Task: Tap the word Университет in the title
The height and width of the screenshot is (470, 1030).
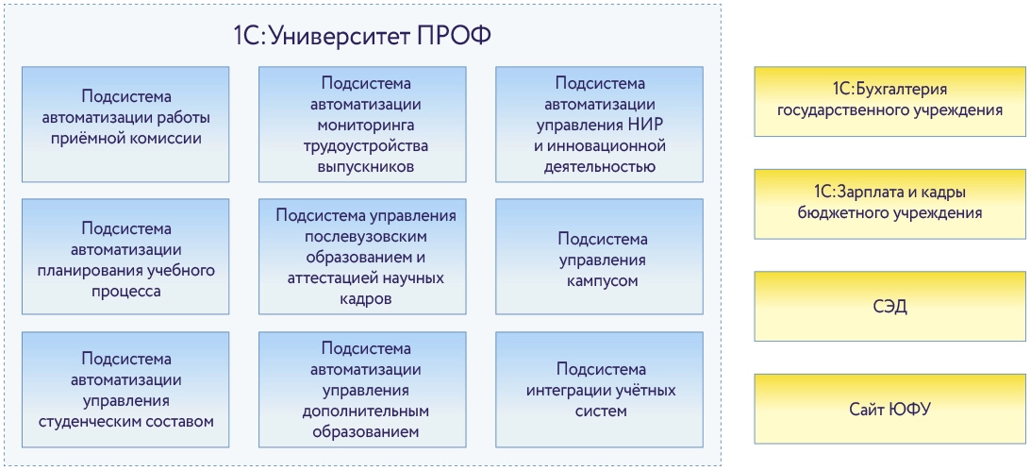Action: point(339,36)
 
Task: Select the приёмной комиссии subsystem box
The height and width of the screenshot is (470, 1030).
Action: point(125,124)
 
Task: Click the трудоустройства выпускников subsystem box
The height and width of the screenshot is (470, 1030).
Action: point(361,124)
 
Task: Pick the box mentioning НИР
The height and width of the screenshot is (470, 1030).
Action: point(600,124)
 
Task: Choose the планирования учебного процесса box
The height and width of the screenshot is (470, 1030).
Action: point(125,256)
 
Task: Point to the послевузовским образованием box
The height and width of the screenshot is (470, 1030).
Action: point(361,256)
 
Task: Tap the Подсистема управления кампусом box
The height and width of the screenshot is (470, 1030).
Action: point(600,256)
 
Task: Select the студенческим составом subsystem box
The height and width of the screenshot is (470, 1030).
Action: point(125,388)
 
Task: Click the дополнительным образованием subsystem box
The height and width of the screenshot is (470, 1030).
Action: point(361,388)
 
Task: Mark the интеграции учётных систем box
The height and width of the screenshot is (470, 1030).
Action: point(600,388)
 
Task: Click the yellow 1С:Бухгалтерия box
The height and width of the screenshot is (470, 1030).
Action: point(889,101)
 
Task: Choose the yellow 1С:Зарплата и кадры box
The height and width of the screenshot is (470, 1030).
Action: point(889,204)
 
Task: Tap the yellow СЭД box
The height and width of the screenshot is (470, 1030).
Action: point(889,306)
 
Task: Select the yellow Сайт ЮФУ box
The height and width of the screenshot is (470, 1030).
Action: point(889,409)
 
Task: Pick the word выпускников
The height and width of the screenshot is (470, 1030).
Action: point(361,167)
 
